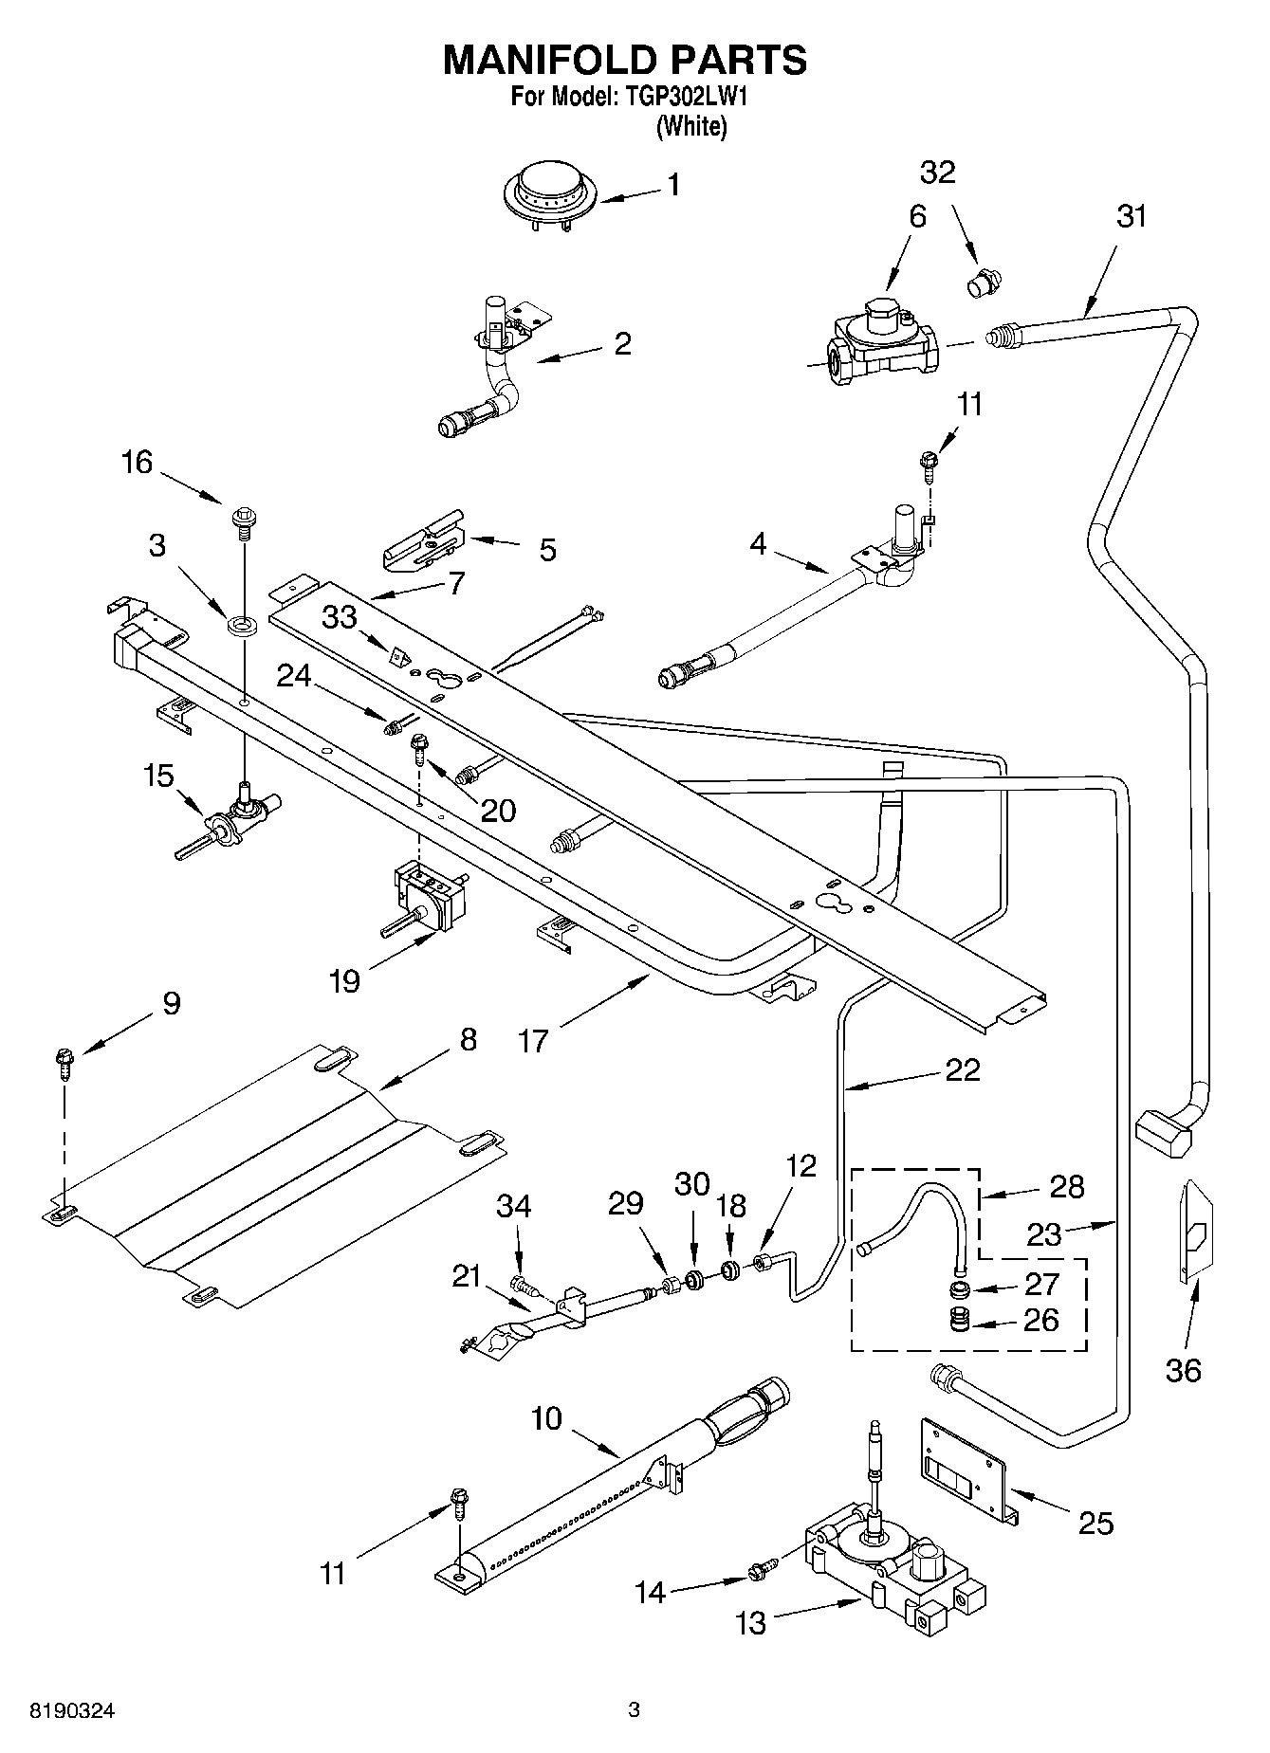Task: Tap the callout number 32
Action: point(937,173)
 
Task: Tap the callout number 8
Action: point(468,1040)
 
